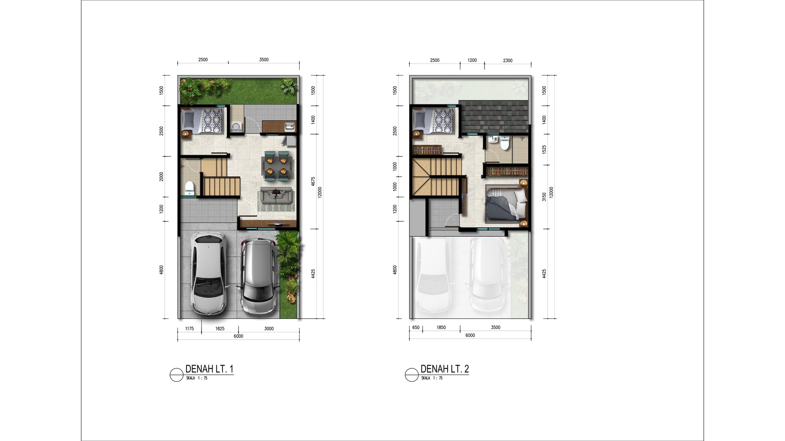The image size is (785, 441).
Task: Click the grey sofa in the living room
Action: (x=276, y=196)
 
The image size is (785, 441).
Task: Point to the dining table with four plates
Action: (x=277, y=165)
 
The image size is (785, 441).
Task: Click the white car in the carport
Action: (x=209, y=274)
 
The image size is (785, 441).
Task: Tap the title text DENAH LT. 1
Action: (x=209, y=369)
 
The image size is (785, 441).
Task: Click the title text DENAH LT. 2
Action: (x=445, y=369)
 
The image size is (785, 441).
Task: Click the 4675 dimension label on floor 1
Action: (x=313, y=182)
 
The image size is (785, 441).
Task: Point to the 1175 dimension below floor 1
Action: (x=189, y=329)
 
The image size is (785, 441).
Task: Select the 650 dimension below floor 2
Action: (x=416, y=327)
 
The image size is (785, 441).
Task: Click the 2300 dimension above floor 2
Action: (x=507, y=60)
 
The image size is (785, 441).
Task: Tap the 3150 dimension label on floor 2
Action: (x=544, y=197)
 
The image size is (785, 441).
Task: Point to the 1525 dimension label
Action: (x=544, y=149)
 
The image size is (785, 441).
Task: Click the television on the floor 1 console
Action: (x=276, y=224)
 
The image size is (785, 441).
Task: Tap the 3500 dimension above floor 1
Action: (x=264, y=60)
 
